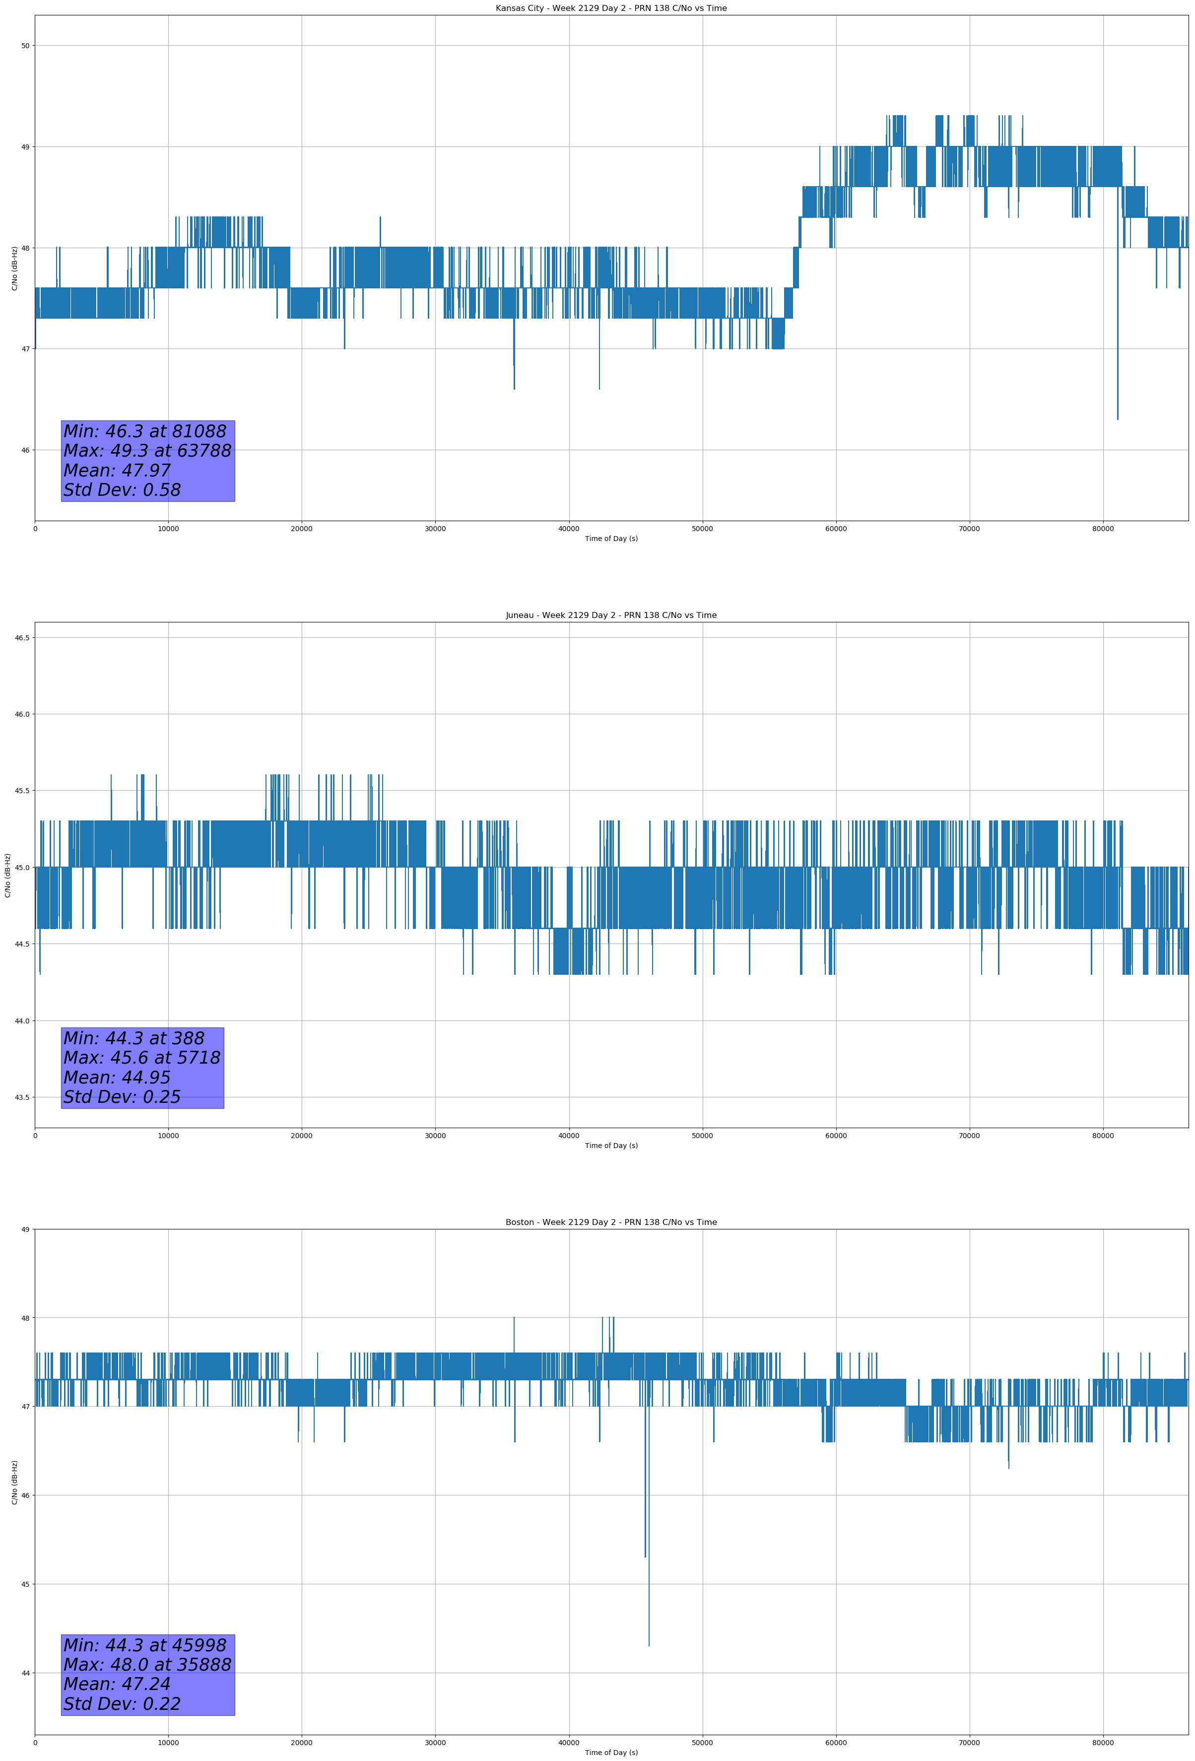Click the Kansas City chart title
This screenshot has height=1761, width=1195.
point(611,8)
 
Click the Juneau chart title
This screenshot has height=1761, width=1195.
point(611,615)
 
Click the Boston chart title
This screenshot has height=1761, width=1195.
point(611,1222)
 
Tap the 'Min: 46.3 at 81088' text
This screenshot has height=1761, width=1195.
point(145,431)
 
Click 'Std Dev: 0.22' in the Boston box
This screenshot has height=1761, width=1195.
point(122,1704)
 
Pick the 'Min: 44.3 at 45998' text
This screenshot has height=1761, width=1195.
point(145,1645)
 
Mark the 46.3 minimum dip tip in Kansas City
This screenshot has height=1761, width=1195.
point(1117,419)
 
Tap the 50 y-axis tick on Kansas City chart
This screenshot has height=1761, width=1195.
point(26,46)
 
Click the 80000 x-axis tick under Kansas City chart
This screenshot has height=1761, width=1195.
point(1103,529)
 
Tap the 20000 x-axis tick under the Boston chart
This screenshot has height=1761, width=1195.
point(302,1743)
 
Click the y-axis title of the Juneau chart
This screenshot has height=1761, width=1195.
point(7,875)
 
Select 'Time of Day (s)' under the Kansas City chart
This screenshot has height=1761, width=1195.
point(611,539)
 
